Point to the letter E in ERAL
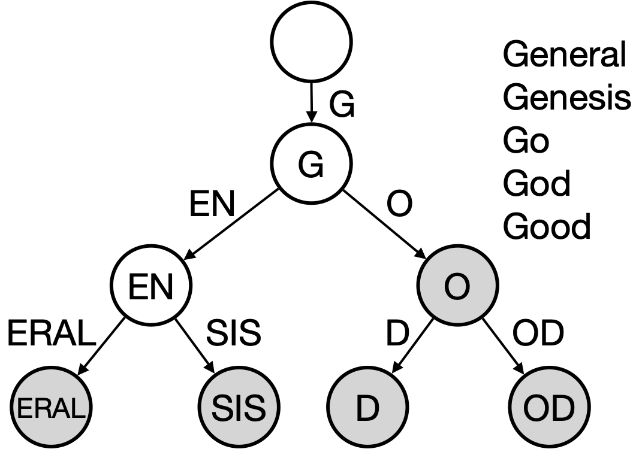[x=23, y=409]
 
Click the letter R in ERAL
[x=40, y=409]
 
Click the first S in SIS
[x=221, y=408]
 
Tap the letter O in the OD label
[x=536, y=408]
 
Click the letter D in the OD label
[x=563, y=408]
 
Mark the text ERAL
[x=51, y=409]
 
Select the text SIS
[x=239, y=408]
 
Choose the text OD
[x=549, y=408]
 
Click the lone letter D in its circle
[x=367, y=408]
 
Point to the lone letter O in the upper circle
[x=457, y=287]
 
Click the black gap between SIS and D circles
[x=303, y=407]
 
